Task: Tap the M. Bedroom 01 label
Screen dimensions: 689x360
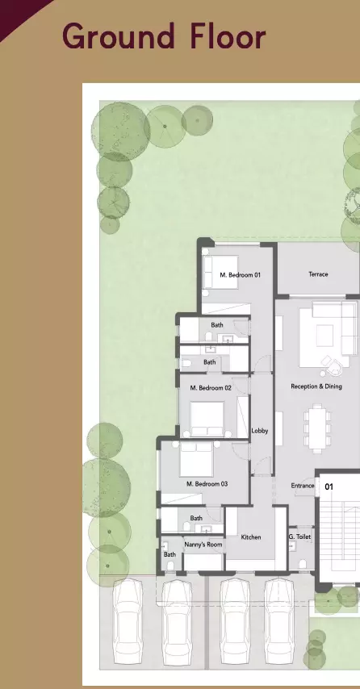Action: (x=241, y=275)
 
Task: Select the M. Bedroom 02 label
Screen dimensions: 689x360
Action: (x=211, y=388)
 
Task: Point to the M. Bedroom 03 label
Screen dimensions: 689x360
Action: (x=207, y=484)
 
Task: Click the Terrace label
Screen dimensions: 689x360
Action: (x=318, y=274)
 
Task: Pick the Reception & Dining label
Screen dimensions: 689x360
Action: (x=316, y=386)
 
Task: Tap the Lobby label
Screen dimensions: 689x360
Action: (x=259, y=431)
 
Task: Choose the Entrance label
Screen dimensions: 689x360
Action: (x=303, y=486)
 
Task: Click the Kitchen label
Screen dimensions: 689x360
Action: (x=250, y=537)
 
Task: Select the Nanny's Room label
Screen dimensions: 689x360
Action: (x=203, y=545)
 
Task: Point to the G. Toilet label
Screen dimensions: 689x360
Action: (x=299, y=537)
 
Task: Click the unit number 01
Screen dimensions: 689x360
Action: (x=329, y=487)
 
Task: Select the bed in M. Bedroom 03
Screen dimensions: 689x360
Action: (x=195, y=459)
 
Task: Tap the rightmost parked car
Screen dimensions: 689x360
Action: (x=280, y=617)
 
